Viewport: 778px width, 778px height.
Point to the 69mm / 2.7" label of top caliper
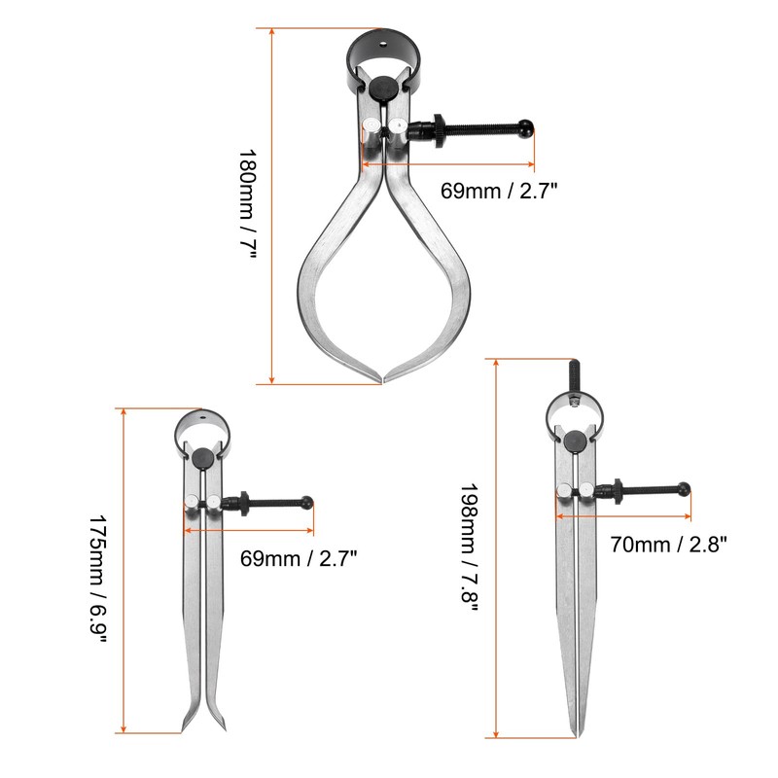(x=497, y=192)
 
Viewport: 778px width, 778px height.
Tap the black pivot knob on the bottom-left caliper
(x=202, y=459)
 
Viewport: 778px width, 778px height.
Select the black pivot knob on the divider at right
(x=575, y=442)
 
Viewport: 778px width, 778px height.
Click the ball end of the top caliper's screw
(x=526, y=126)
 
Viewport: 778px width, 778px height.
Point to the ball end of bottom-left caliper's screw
(x=308, y=502)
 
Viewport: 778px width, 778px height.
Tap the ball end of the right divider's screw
(x=685, y=488)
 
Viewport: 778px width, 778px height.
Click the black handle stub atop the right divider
(x=573, y=373)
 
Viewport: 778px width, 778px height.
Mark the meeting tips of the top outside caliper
(x=381, y=377)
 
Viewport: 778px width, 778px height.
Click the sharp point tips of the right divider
(x=575, y=732)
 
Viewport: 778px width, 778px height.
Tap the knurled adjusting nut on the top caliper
(x=439, y=130)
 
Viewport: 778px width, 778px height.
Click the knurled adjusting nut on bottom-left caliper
(x=246, y=503)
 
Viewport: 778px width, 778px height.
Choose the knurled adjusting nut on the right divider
(x=617, y=489)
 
